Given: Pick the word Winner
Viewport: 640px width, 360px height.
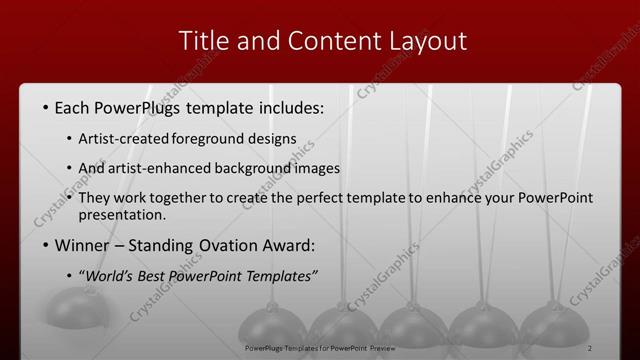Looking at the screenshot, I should pyautogui.click(x=81, y=245).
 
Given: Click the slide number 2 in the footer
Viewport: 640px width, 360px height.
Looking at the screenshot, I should pyautogui.click(x=590, y=347).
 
